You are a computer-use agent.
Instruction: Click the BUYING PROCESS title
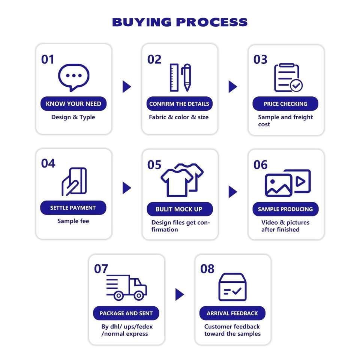180,22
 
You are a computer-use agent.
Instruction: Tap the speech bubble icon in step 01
73,77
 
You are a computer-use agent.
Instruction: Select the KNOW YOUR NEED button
73,104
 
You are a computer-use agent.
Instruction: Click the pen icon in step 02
186,78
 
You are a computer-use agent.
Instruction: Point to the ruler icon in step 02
174,78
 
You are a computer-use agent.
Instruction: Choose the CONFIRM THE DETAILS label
179,104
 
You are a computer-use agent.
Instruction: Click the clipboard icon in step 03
287,78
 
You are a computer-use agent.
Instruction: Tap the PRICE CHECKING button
285,104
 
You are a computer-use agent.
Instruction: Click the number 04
48,163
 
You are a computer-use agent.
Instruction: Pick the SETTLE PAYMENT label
73,208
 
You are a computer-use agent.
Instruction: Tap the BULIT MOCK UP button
179,209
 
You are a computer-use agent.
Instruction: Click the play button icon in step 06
301,181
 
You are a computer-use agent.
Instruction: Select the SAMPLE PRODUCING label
285,209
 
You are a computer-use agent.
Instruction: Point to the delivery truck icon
126,287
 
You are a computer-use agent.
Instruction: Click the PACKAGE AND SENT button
126,313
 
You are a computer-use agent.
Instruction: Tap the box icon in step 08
232,287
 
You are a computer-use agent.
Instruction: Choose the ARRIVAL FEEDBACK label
232,313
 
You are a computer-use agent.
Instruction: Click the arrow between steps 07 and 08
180,295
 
